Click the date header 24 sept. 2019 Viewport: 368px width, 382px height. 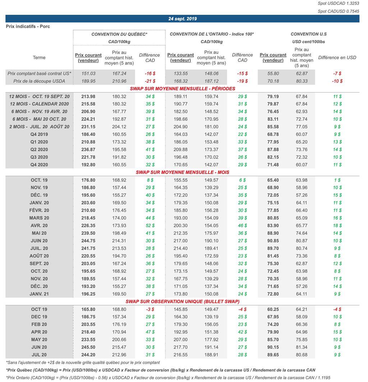pos(183,19)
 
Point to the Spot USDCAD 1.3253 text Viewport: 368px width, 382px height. pos(338,4)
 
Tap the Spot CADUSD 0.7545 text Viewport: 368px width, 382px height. pos(338,11)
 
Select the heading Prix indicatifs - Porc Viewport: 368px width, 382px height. pos(28,26)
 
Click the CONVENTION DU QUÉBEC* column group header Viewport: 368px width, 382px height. pos(119,34)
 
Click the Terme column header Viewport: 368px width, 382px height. pos(39,58)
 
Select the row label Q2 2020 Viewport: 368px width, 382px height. pos(39,149)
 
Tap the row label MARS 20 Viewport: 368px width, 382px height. pos(39,218)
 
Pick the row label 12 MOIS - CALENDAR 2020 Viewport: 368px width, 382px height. pos(39,104)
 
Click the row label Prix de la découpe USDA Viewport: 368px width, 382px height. pos(39,81)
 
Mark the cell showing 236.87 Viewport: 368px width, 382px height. pos(88,149)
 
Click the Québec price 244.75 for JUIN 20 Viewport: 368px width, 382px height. pos(88,241)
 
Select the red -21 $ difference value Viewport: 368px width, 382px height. pos(150,81)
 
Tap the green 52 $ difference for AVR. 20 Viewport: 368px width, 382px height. pos(150,225)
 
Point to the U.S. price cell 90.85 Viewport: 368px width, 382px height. pos(273,241)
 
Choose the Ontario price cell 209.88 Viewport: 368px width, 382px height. pos(180,149)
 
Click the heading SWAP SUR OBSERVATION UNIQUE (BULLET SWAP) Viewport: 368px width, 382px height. pos(183,301)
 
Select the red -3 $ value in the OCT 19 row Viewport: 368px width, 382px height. pos(150,309)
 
